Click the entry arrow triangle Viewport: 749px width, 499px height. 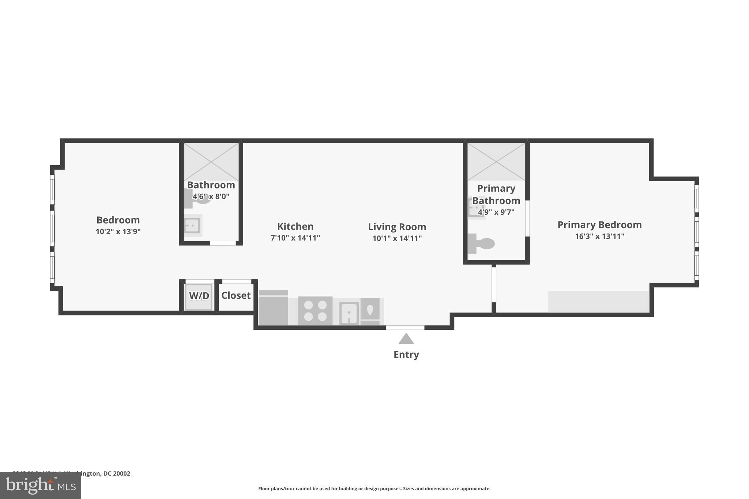[406, 339]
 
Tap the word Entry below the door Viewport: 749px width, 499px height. [406, 355]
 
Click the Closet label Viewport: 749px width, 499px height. [236, 295]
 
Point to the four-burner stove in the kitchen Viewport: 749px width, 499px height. [315, 311]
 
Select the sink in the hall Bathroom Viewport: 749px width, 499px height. [192, 226]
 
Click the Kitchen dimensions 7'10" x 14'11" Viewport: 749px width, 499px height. [295, 238]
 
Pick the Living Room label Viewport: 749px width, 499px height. [397, 227]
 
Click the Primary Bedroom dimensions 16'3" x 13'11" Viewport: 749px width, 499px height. [599, 236]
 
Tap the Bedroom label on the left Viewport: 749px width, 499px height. [118, 220]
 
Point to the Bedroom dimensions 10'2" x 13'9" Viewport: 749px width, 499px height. [118, 231]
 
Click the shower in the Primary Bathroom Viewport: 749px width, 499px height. [496, 162]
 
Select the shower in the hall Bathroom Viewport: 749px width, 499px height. [211, 162]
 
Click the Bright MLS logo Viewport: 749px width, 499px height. [41, 485]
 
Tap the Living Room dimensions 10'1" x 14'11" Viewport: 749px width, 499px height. [397, 238]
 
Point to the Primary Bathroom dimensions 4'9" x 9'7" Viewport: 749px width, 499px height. [496, 212]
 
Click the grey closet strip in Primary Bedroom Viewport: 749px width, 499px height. [598, 302]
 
